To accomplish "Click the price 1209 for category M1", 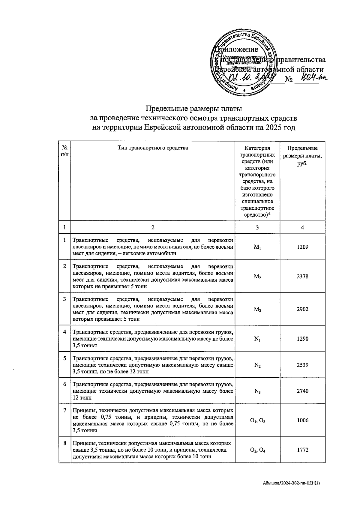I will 302,247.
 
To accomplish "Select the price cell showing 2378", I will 302,277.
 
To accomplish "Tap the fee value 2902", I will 302,309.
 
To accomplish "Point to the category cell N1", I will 257,339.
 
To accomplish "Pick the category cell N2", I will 257,365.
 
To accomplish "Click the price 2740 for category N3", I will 302,391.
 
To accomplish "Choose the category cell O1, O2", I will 257,421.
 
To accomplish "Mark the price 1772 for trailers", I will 302,450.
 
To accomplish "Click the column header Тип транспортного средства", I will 153,148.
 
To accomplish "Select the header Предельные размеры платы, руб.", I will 302,156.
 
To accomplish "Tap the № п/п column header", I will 64,151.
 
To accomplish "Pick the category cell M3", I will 257,309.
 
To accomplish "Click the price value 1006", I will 302,421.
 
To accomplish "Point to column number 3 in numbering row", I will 257,228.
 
